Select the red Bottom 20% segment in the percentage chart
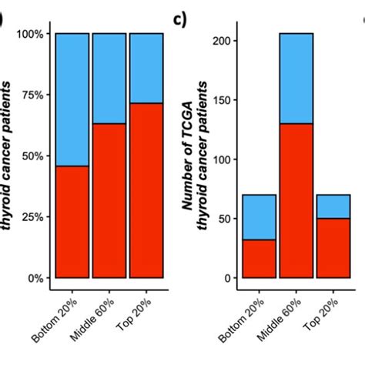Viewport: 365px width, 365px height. coord(72,222)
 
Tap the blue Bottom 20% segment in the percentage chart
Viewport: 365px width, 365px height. coord(72,99)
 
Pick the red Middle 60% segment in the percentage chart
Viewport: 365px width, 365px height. coord(109,200)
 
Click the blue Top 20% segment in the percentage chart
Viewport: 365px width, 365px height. coord(146,68)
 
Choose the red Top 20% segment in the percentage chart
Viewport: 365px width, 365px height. coord(146,190)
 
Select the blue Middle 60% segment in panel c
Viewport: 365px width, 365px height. coord(296,79)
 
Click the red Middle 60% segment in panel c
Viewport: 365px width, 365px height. coord(296,200)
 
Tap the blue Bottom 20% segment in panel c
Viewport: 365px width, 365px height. coord(259,217)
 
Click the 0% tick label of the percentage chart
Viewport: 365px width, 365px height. coord(35,278)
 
